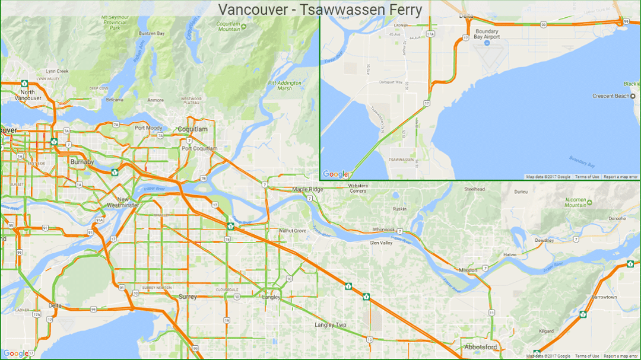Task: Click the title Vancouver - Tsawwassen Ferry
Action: (320, 10)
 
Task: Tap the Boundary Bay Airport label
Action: (487, 34)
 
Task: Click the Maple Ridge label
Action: (307, 189)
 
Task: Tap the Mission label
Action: (468, 270)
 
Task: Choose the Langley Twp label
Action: (331, 325)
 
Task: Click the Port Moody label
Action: (148, 128)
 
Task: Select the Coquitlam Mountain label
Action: (229, 26)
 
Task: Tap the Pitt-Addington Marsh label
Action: (285, 85)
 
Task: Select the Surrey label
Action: (188, 296)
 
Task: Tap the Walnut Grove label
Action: (293, 230)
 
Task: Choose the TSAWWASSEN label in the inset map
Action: (401, 160)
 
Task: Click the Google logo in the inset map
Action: (335, 174)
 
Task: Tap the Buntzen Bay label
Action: (151, 34)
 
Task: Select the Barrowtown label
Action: (604, 297)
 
